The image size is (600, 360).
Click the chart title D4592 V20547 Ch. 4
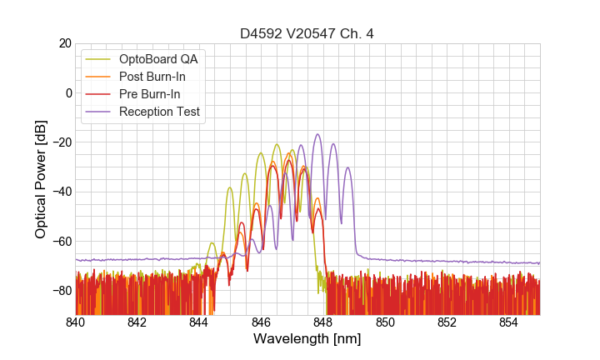pos(307,34)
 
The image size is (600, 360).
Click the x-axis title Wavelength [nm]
pos(307,339)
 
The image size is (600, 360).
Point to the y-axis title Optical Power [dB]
pos(41,179)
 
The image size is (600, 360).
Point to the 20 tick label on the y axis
pos(64,43)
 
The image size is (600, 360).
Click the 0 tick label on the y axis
pos(67,92)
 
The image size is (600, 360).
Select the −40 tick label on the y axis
pos(61,192)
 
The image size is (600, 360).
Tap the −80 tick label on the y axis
pos(61,291)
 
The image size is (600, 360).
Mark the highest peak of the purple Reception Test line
pos(317,134)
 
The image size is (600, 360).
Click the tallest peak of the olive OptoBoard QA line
pos(276,144)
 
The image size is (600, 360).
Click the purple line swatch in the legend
pos(98,112)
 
